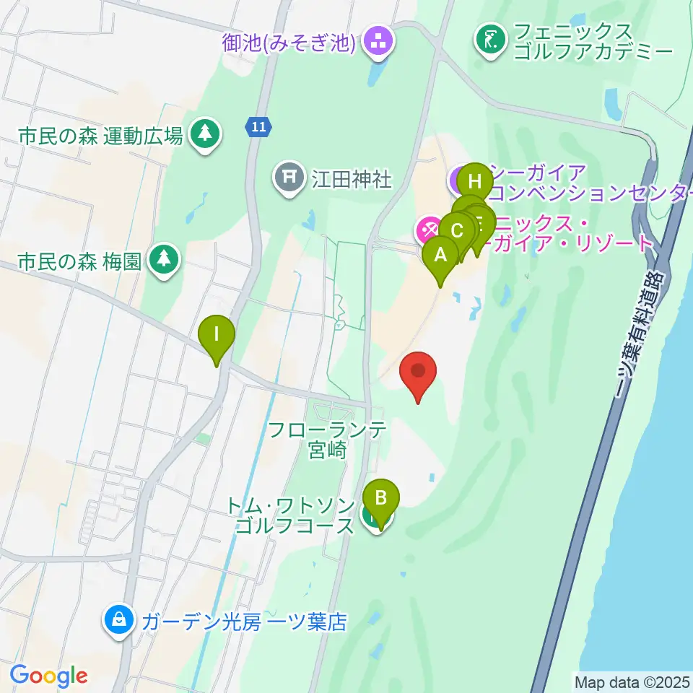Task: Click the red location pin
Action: pos(419,373)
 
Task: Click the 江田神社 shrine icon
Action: pos(290,177)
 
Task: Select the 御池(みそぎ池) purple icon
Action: pos(377,42)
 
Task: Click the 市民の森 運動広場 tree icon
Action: pos(205,133)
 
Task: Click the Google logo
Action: pos(48,676)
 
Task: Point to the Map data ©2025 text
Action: pos(632,681)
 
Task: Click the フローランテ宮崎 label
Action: pos(327,440)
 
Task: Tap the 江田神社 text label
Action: pos(352,178)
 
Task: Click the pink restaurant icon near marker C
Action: pos(429,231)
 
